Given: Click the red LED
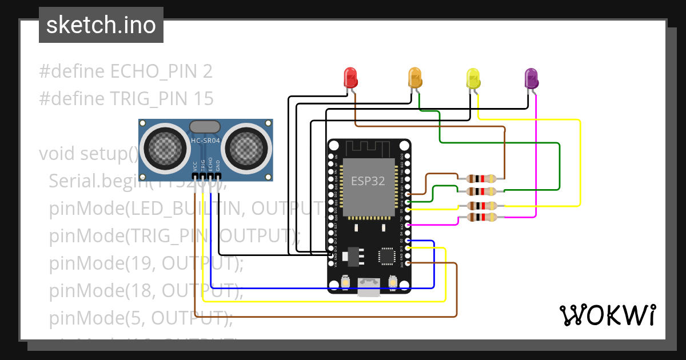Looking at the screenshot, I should tap(350, 77).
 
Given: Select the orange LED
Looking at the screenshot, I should tap(414, 77).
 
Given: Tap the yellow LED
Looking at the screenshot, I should tap(473, 77).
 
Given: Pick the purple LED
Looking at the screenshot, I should tap(532, 77).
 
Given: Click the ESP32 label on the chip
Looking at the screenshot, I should tap(368, 182).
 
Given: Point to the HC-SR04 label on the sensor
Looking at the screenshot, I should tap(205, 141).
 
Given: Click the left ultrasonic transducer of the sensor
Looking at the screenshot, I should tap(167, 147).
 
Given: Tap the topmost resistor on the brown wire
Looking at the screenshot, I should tap(481, 178).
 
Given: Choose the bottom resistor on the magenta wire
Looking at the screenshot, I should tap(481, 217).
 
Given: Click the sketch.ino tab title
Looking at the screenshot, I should tap(101, 25).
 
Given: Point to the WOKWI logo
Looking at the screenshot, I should tap(607, 315).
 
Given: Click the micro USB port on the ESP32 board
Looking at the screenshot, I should tap(369, 285).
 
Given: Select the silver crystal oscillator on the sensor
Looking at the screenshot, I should tap(204, 126).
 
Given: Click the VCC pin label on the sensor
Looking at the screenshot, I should tap(196, 166).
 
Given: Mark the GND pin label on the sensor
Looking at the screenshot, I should tap(218, 166).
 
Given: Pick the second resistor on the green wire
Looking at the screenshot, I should tap(481, 191).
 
